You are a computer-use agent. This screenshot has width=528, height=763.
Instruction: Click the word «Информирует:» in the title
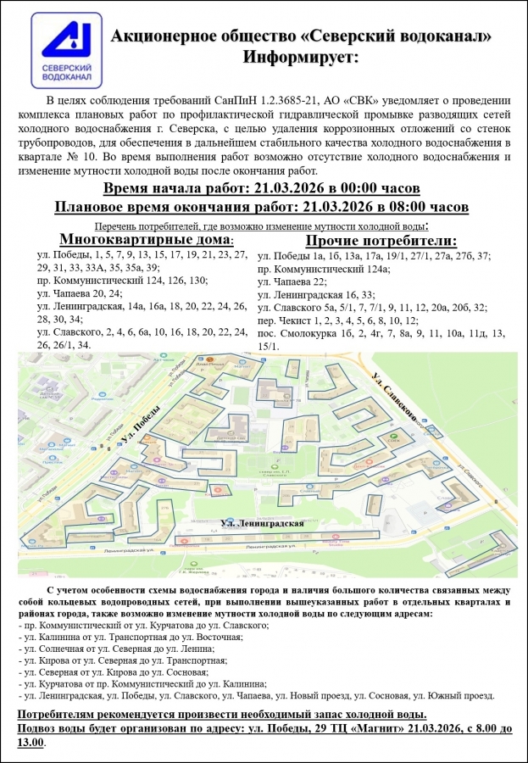coord(301,57)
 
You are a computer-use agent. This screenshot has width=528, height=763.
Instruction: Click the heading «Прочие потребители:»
coord(375,240)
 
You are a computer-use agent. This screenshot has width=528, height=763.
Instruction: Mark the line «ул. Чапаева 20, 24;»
coord(81,293)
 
